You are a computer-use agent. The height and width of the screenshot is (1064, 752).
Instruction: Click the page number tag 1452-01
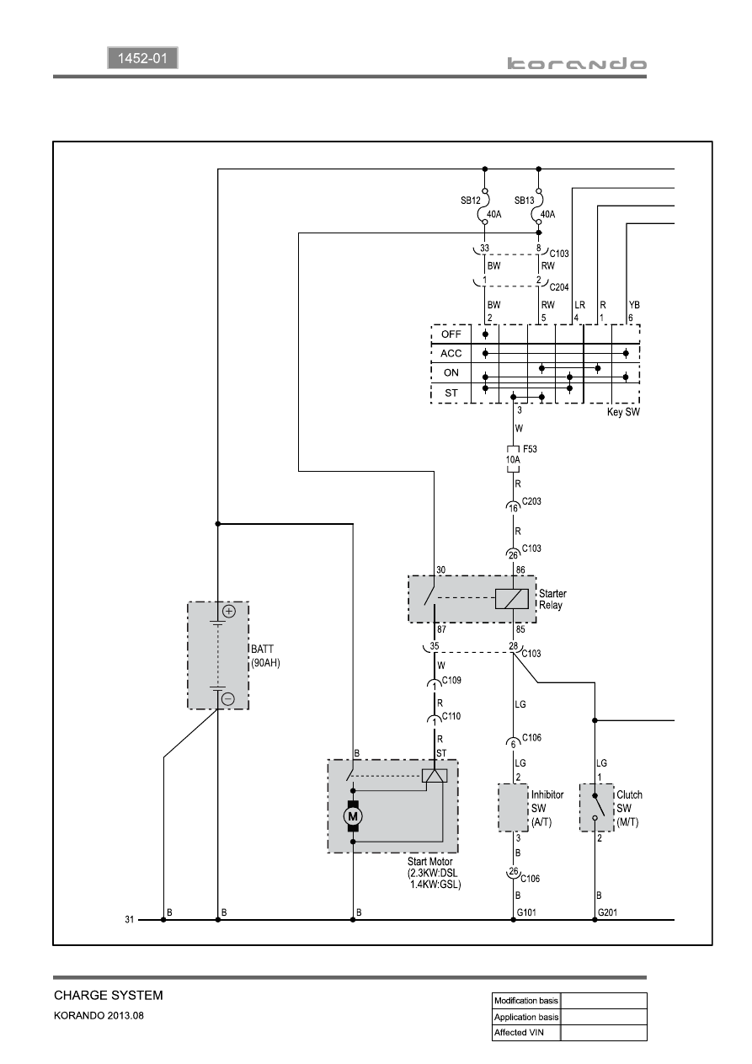142,58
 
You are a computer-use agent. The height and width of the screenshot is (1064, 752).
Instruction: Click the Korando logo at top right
577,63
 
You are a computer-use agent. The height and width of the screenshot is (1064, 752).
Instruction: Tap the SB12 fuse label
471,201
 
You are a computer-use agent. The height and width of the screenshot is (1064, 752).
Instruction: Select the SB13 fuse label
524,201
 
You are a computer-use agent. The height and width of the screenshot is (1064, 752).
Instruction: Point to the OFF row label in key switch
451,334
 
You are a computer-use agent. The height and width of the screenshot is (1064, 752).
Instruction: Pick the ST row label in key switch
451,393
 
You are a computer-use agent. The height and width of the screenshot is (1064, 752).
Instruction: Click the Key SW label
623,412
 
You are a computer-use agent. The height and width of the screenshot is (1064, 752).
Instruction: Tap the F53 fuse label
530,449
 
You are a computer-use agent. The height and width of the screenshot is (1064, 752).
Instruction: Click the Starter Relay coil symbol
511,598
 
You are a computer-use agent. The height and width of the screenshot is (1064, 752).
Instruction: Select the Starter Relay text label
552,599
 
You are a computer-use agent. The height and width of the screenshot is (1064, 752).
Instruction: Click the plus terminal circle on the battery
229,612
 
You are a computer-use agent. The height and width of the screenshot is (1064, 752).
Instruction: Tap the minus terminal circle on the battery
228,698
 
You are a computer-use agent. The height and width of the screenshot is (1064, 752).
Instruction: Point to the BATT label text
262,649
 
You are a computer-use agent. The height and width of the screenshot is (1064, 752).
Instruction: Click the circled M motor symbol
353,816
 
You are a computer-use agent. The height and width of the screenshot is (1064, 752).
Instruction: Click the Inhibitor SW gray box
513,808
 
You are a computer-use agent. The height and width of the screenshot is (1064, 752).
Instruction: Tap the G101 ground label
526,912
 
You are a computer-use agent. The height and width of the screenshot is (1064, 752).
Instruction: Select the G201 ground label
608,912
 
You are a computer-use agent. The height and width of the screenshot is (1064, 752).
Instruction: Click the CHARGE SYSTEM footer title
109,995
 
